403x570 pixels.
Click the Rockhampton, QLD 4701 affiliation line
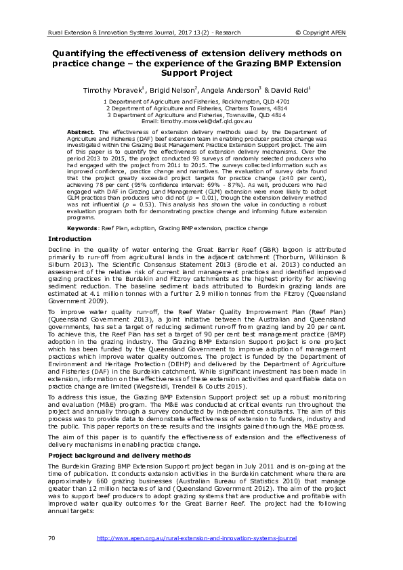[202, 101]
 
